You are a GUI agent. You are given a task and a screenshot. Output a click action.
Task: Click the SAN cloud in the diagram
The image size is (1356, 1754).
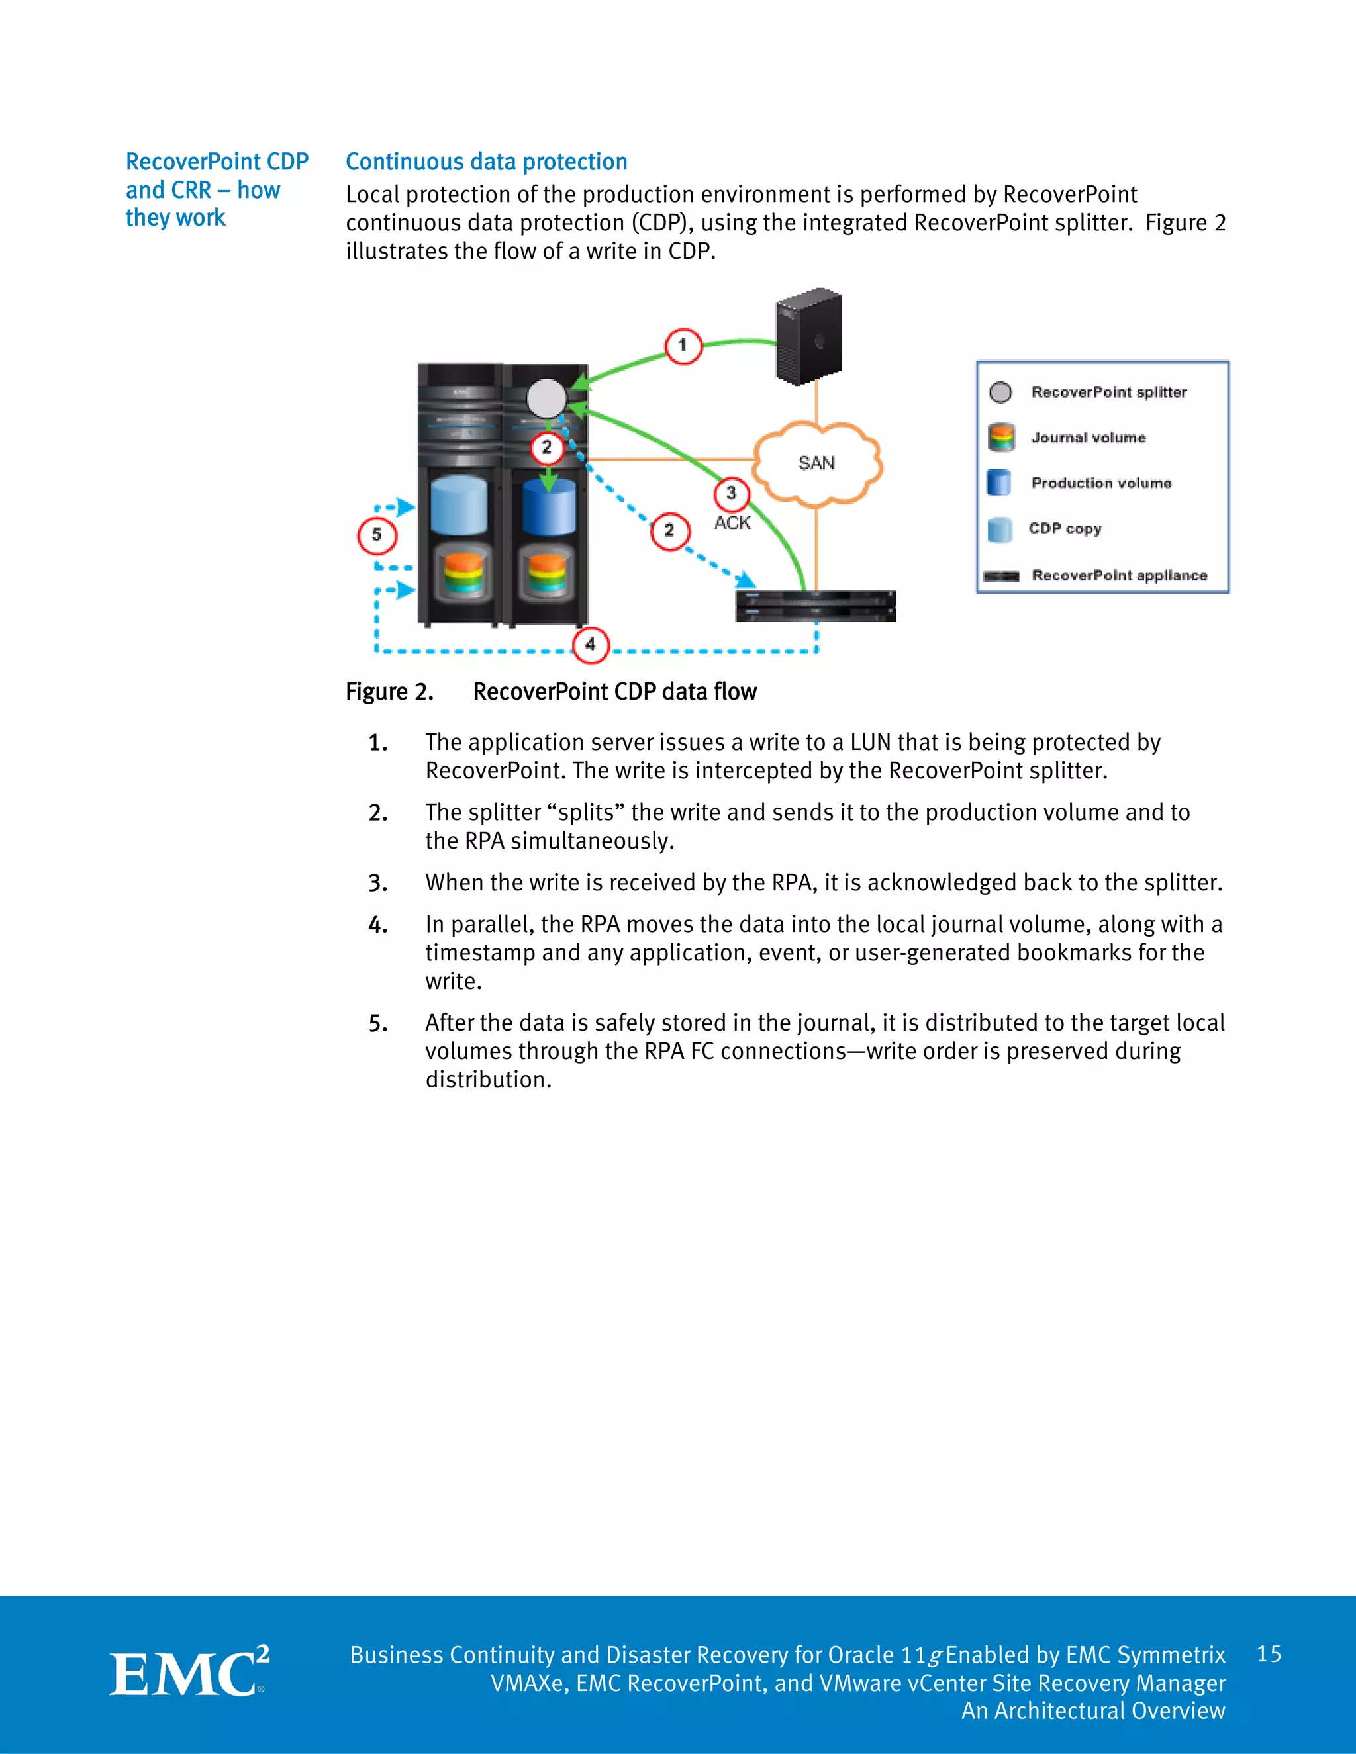click(x=816, y=463)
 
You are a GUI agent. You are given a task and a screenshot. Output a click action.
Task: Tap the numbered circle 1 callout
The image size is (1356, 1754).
click(x=683, y=346)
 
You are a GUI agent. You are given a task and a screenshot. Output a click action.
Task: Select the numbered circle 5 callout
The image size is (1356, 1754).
click(x=377, y=535)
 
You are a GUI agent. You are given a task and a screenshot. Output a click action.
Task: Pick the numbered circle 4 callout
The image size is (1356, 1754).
click(x=591, y=644)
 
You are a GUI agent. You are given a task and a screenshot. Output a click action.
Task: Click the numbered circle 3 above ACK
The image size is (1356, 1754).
click(x=731, y=493)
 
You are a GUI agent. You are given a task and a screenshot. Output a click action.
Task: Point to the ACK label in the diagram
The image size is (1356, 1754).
click(x=732, y=523)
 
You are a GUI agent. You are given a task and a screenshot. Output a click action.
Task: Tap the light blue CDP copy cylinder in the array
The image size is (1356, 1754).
click(x=459, y=505)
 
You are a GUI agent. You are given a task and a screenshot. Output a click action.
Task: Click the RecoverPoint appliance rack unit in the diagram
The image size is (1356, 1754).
click(x=815, y=606)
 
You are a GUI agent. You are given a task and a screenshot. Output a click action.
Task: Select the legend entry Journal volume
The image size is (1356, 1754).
click(x=1088, y=438)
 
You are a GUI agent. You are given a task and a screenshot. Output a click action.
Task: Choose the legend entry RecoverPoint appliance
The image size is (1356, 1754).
click(x=1118, y=575)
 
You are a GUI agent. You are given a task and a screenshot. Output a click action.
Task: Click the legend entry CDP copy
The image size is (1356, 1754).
click(x=1065, y=528)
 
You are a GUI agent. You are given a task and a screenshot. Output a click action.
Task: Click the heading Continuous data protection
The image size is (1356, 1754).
click(x=486, y=162)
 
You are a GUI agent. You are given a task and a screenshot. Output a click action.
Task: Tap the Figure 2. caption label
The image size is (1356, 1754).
click(x=389, y=692)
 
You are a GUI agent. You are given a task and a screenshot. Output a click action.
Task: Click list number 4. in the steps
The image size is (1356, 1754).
click(x=377, y=925)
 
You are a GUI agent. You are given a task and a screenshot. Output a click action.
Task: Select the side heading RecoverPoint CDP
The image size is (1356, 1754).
click(x=217, y=162)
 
